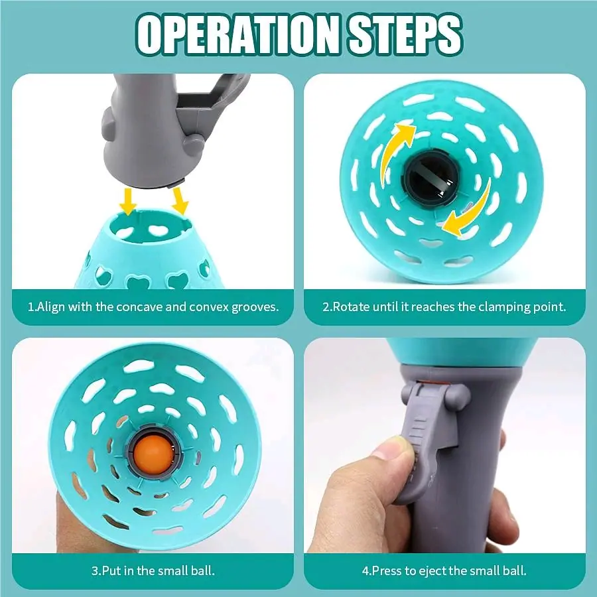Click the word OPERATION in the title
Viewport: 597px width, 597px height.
[x=237, y=34]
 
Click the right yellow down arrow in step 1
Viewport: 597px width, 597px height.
[x=179, y=200]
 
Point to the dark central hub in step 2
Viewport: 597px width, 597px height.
[x=431, y=178]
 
